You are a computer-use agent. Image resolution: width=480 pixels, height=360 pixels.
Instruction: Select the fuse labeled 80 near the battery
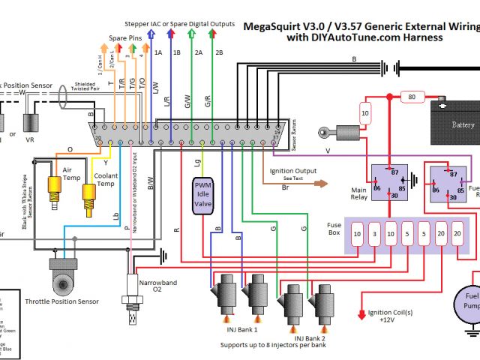(x=410, y=97)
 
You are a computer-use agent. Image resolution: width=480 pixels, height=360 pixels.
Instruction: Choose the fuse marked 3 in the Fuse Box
(x=374, y=233)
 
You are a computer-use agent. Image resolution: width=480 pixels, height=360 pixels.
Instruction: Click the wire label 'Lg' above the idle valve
(x=197, y=161)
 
